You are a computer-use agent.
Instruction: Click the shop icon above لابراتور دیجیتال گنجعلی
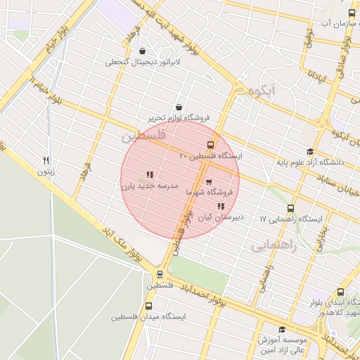143,51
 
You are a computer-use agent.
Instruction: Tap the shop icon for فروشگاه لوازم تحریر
179,107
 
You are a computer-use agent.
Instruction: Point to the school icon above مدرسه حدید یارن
149,174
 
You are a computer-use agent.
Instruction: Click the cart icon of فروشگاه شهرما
209,181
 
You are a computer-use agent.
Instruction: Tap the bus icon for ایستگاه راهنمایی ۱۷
291,208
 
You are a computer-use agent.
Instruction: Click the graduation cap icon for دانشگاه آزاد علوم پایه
310,151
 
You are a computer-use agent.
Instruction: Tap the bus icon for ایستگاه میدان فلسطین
148,307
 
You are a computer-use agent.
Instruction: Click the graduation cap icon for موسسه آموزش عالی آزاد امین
282,329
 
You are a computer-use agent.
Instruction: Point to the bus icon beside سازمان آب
352,13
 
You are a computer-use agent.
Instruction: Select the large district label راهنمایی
274,246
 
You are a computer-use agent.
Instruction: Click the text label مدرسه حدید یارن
143,186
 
